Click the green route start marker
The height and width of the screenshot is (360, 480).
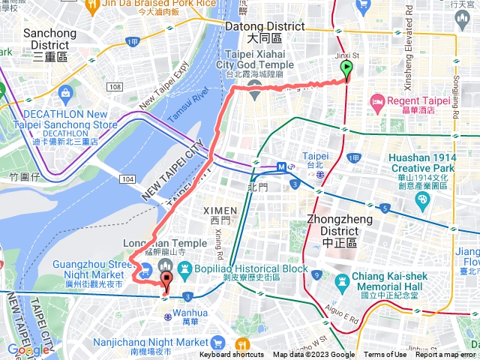[346, 70]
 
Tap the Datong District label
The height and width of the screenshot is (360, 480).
[265, 31]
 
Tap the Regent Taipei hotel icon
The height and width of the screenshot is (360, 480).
[377, 100]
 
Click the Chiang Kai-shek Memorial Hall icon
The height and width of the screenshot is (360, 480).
[343, 279]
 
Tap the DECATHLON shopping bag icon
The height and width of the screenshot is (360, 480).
[64, 94]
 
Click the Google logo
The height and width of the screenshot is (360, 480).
[28, 349]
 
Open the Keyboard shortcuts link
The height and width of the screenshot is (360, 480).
[231, 355]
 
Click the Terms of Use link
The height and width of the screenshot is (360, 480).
[385, 355]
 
